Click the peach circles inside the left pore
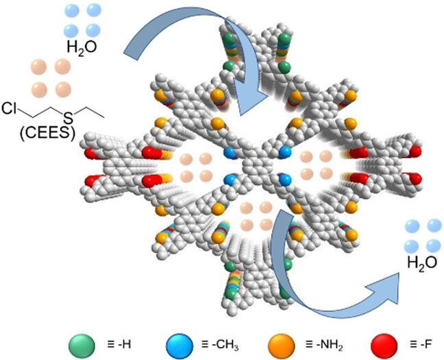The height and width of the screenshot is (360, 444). click(x=196, y=166)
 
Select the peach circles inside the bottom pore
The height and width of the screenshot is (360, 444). click(x=258, y=215)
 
